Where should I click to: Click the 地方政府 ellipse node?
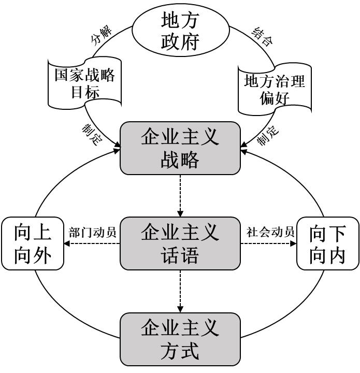click(180, 30)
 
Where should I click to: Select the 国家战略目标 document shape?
click(84, 83)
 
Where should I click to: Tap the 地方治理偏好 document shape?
click(275, 90)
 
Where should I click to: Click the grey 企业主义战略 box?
click(180, 148)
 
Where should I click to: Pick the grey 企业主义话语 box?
click(180, 243)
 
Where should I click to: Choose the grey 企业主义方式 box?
click(180, 339)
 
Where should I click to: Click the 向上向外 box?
click(33, 243)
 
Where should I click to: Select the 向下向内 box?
click(328, 243)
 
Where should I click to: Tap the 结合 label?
click(262, 36)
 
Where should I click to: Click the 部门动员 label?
click(92, 232)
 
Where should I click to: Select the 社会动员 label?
click(270, 232)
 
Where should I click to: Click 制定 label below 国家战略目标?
click(92, 134)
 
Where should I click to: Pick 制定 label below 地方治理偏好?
click(268, 135)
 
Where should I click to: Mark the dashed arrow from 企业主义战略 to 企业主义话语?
click(180, 196)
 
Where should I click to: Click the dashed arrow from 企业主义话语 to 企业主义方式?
click(180, 291)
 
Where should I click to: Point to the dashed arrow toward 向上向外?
click(92, 243)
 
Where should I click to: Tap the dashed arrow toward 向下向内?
click(268, 243)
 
